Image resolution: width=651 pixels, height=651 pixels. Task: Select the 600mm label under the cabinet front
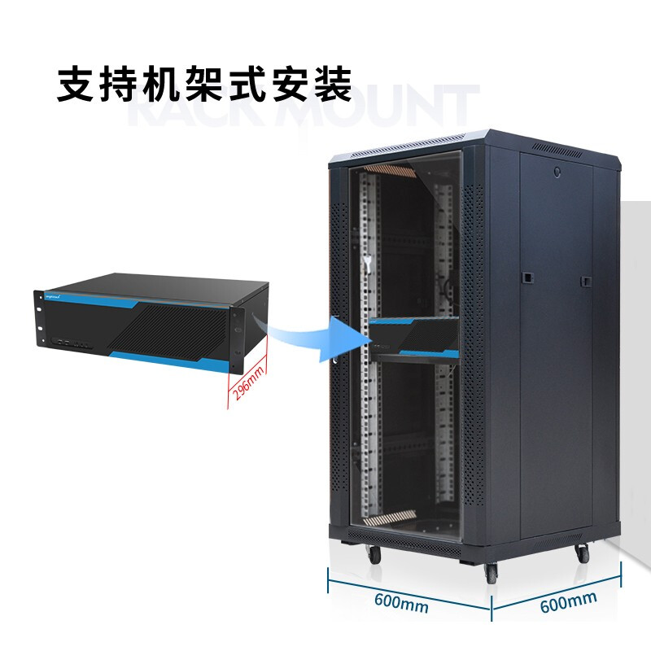pos(402,603)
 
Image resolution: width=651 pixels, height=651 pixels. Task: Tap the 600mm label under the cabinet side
pos(568,601)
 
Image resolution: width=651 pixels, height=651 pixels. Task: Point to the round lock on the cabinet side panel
pos(557,173)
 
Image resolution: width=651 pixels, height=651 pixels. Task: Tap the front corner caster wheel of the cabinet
pos(492,571)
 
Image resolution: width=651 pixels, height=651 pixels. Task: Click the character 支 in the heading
pos(74,85)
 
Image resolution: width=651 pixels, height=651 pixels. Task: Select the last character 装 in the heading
pos(334,85)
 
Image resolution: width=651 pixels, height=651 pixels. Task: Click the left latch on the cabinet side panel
pos(526,277)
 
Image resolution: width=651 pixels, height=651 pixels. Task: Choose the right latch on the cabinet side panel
pos(585,281)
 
